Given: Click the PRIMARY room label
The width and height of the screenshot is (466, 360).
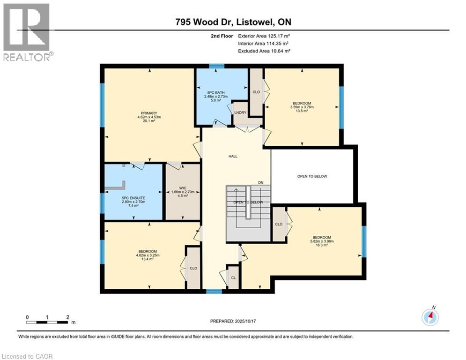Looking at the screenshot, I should tap(148, 113).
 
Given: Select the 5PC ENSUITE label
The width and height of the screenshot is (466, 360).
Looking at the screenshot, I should tap(133, 198).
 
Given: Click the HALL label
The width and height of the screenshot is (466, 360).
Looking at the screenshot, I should tap(233, 156).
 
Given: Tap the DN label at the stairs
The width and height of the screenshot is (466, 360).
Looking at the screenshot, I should tap(261, 182).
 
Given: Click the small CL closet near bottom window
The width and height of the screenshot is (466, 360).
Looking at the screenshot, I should tap(233, 277).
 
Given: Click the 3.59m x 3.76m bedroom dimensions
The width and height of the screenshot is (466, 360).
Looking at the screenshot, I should tap(302, 107).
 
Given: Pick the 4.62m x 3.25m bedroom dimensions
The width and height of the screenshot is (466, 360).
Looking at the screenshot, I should tap(148, 255).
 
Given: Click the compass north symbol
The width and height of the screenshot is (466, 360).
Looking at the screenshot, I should tap(430, 317).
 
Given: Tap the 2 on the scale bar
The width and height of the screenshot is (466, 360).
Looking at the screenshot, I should tap(68, 317).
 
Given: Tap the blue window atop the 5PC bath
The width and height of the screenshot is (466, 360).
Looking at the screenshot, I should tap(216, 66).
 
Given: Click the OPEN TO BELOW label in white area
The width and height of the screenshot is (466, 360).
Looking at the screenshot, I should tap(312, 176).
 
